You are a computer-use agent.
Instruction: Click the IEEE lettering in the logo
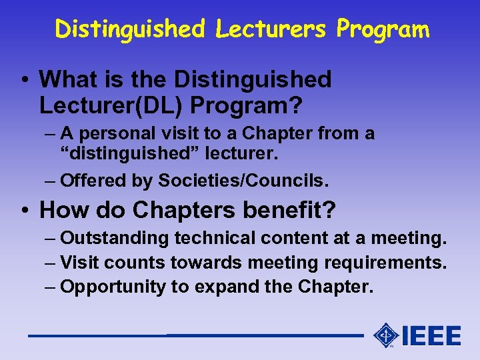[431, 335]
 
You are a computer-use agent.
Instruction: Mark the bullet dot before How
[24, 211]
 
